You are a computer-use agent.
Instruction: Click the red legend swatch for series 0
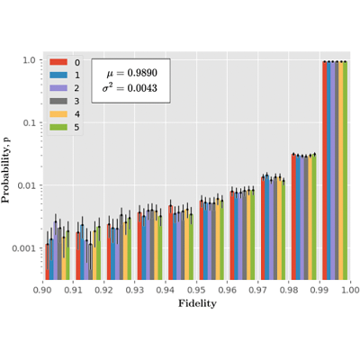coord(58,62)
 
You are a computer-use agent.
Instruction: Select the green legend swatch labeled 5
coord(58,127)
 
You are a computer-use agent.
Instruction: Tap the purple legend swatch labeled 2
coord(58,88)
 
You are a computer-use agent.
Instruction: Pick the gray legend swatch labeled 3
coord(58,101)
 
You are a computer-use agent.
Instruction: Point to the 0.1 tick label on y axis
coord(31,122)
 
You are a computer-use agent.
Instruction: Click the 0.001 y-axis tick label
coord(24,248)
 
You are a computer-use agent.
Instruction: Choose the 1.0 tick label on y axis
coord(31,60)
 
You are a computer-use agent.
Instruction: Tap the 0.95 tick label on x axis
coord(196,290)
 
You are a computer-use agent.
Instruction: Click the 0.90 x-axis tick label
coord(43,290)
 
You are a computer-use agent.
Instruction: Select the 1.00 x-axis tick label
coord(350,290)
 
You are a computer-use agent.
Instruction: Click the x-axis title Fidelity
coord(197,303)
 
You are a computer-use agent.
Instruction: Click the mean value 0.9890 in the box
coord(142,73)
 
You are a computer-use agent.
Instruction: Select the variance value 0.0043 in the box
coord(142,88)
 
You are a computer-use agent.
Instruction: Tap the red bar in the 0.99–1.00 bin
coord(325,170)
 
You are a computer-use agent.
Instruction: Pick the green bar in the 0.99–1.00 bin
coord(345,170)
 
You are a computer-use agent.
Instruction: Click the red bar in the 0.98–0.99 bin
coord(293,217)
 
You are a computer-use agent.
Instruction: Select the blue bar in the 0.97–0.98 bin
coord(267,228)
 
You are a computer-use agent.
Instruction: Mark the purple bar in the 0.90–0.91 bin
coord(56,251)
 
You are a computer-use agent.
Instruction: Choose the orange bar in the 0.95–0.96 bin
coord(218,239)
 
